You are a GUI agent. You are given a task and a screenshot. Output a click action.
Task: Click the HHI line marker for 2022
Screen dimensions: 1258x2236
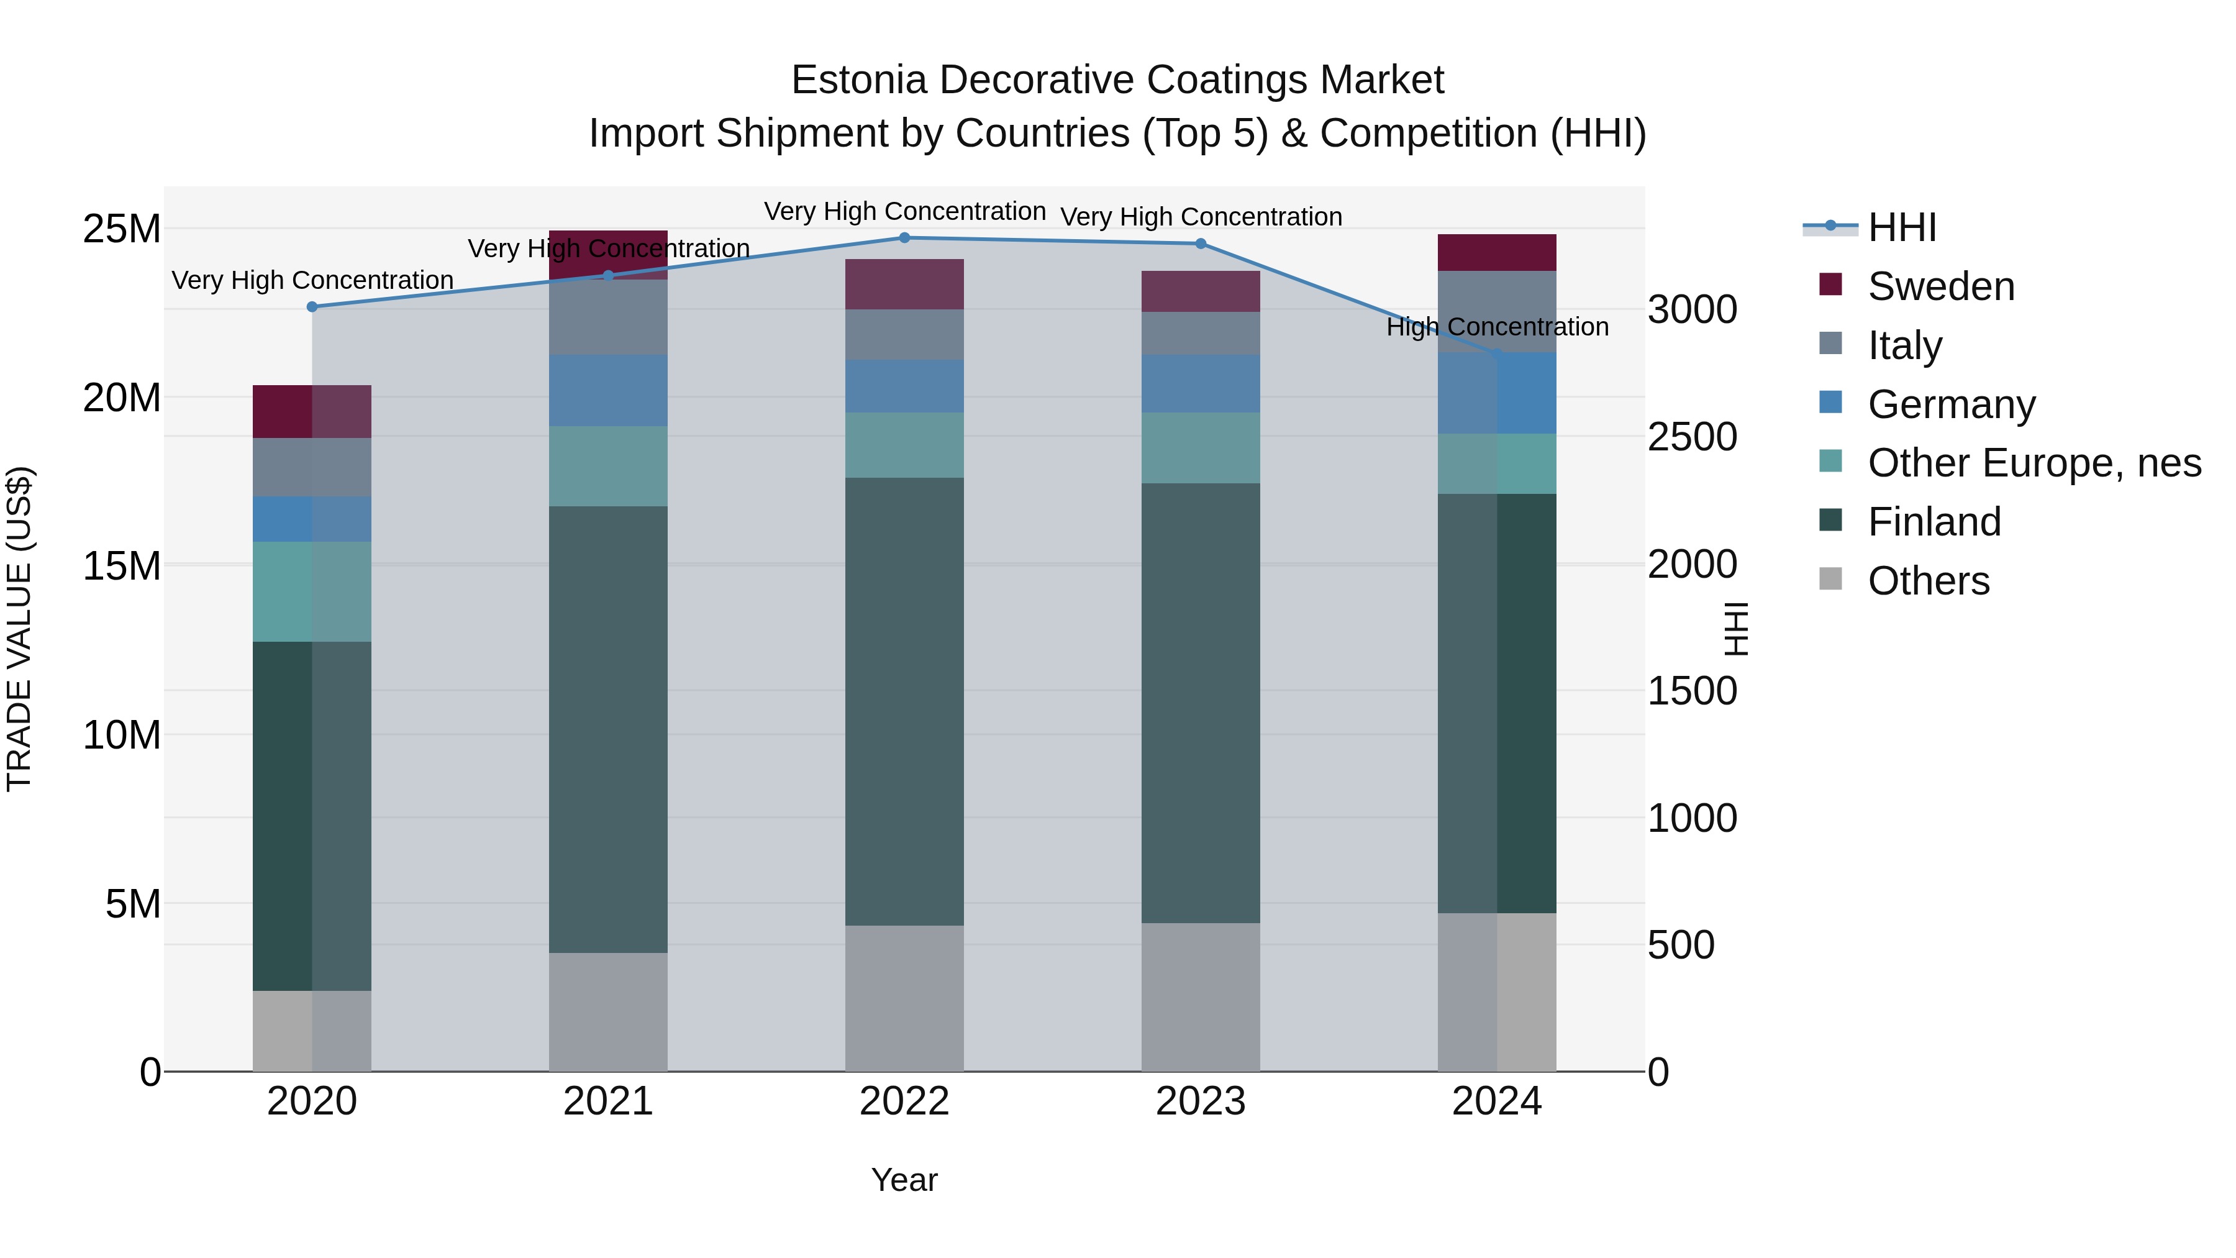click(x=904, y=237)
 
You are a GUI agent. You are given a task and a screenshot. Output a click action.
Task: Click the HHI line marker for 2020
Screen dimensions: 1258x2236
click(x=312, y=306)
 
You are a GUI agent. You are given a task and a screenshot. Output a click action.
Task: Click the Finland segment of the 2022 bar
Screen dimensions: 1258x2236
click(x=904, y=701)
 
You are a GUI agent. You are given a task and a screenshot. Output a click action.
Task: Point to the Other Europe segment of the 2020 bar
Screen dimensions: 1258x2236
click(x=312, y=591)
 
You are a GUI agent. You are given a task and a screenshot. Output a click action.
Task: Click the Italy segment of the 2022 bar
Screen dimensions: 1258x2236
click(x=904, y=334)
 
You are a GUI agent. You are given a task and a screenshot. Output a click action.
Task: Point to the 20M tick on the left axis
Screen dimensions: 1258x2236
click(x=122, y=398)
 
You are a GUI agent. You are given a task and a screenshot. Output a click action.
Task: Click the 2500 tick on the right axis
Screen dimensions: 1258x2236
click(x=1692, y=437)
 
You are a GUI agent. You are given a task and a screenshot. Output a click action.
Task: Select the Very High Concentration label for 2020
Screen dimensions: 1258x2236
click(x=312, y=280)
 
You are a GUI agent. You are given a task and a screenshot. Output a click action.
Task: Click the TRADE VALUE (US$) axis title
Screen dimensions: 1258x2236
click(x=19, y=629)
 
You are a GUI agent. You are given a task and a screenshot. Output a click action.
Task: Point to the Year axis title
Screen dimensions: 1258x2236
click(x=904, y=1180)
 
